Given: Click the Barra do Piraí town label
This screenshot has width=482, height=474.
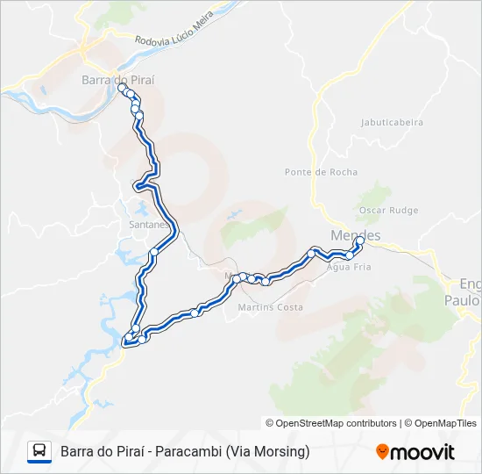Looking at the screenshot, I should pos(117,79).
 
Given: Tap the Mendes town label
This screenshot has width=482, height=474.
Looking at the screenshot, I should pos(355,235).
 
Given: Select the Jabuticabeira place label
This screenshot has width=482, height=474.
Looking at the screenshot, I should pos(392,123).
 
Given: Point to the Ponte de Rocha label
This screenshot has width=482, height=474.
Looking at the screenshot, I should pos(321,172).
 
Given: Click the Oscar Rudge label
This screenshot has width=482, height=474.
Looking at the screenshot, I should pos(388,211).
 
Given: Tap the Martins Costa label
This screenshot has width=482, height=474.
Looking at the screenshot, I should pos(271,307).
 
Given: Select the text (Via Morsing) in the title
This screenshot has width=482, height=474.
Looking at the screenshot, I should pos(267,452).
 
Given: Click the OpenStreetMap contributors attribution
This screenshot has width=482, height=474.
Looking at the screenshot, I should pos(337,423).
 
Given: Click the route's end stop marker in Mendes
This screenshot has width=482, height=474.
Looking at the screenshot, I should pos(360,240).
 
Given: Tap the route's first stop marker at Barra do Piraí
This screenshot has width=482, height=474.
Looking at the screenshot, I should pos(122,88).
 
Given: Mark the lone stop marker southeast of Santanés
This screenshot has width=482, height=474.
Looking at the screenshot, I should pos(154,252).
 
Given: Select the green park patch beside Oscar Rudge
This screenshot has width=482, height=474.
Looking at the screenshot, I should pos(377,195).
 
